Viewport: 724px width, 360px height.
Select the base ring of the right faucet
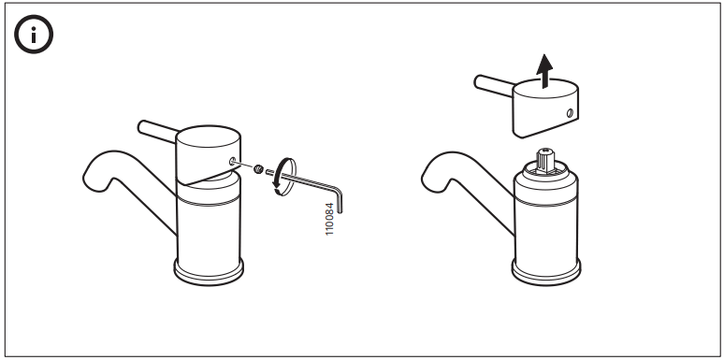coord(547,272)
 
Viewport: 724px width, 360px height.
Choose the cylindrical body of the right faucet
coord(547,220)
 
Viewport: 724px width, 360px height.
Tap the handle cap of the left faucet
coord(208,150)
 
